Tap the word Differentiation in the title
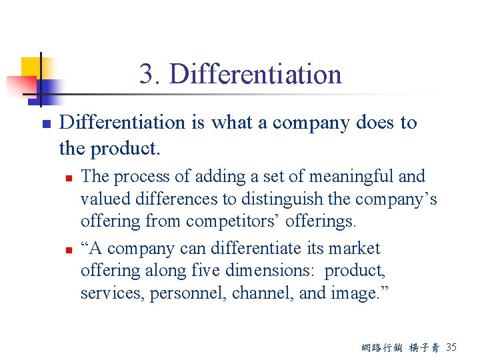point(255,74)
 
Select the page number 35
point(451,347)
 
